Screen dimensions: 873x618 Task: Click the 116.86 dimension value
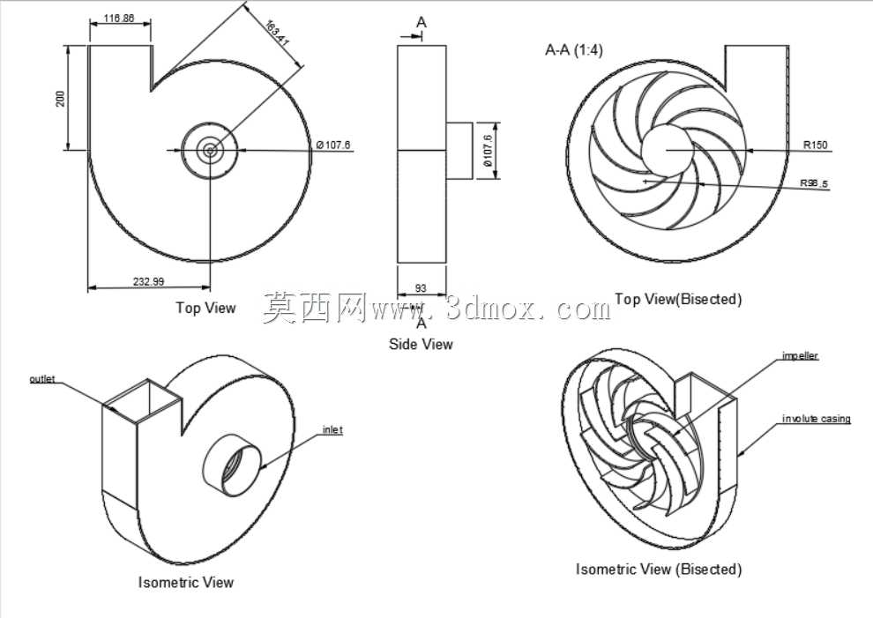[x=119, y=19]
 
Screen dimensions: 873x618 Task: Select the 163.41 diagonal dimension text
[x=277, y=34]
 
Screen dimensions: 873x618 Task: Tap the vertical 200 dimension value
[x=60, y=99]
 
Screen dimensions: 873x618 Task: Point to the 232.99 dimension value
[x=149, y=281]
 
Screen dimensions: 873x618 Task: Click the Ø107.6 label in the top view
[x=333, y=145]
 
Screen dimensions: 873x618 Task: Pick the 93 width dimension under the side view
[x=421, y=288]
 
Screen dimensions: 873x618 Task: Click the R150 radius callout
[x=815, y=145]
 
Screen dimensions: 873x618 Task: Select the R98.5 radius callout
[x=814, y=183]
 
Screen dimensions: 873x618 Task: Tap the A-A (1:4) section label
[x=573, y=50]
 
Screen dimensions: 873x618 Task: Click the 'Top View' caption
[x=206, y=308]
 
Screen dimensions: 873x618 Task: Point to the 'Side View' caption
[x=421, y=344]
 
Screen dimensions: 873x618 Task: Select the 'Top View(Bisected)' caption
[x=678, y=300]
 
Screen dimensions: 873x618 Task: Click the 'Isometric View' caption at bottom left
[x=186, y=583]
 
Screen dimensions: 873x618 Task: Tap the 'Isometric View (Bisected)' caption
[x=659, y=569]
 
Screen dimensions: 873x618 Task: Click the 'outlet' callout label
[x=42, y=379]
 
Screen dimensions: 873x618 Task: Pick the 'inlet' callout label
[x=333, y=430]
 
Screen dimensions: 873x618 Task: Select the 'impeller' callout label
[x=800, y=355]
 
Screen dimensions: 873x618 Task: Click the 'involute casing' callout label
[x=817, y=419]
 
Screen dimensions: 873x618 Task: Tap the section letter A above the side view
[x=422, y=22]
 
